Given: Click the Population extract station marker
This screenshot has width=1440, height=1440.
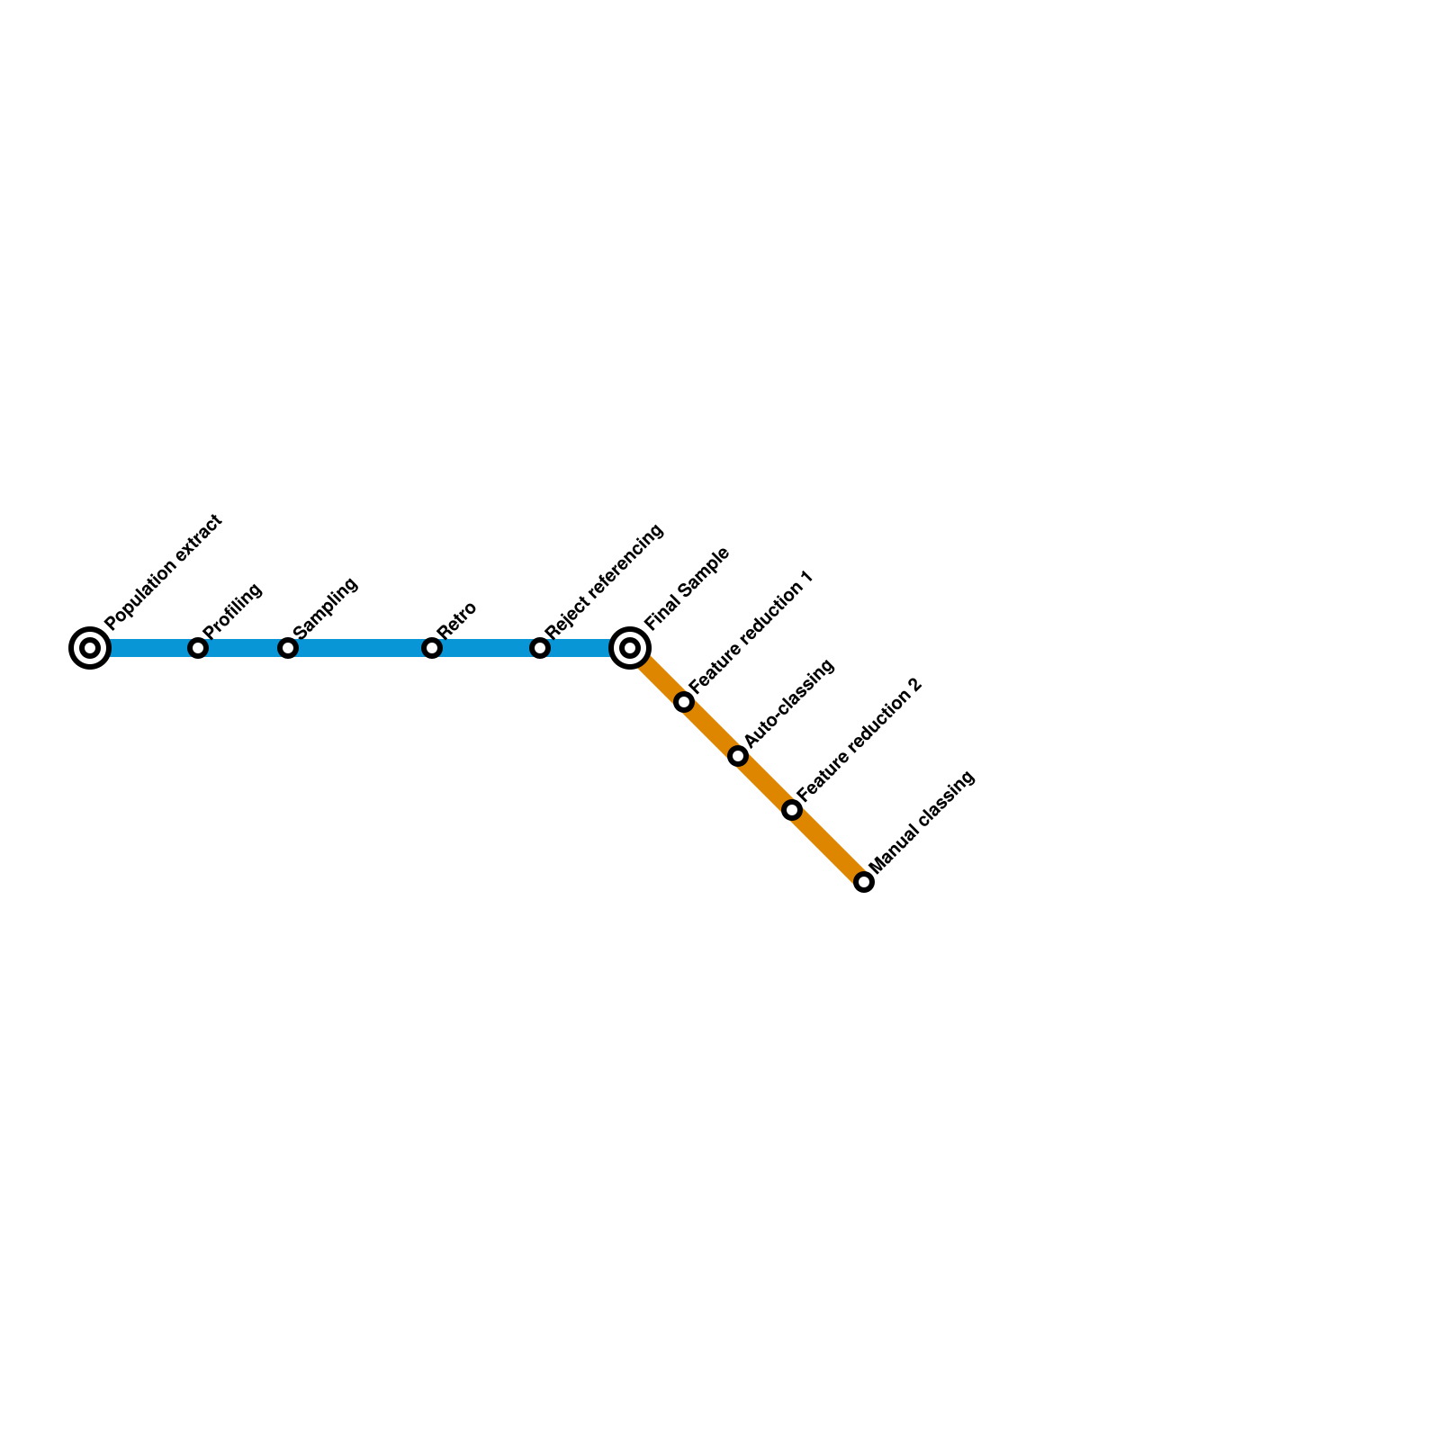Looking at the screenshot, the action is pyautogui.click(x=90, y=648).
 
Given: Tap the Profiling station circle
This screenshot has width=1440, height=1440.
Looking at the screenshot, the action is pyautogui.click(x=198, y=648).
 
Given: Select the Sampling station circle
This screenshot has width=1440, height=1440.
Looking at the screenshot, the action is pyautogui.click(x=288, y=648).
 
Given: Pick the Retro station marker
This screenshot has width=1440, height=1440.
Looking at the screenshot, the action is pyautogui.click(x=432, y=648).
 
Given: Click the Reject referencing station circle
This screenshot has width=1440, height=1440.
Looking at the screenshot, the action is pyautogui.click(x=540, y=648).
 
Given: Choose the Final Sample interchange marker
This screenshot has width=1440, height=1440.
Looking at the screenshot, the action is pyautogui.click(x=630, y=648).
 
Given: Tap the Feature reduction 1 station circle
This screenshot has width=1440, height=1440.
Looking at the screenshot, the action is pyautogui.click(x=684, y=702).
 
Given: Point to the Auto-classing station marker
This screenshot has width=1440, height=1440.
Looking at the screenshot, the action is pyautogui.click(x=738, y=756).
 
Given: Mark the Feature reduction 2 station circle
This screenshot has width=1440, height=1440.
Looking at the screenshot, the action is pyautogui.click(x=792, y=810).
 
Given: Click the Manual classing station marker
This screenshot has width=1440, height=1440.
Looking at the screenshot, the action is pyautogui.click(x=864, y=882).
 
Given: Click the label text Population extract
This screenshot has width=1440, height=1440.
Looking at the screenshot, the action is pyautogui.click(x=162, y=572).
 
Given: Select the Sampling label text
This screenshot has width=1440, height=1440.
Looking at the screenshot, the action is pyautogui.click(x=326, y=607).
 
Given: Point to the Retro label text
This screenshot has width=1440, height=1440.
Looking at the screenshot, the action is pyautogui.click(x=456, y=620).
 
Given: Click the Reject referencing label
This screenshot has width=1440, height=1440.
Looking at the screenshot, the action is pyautogui.click(x=604, y=581).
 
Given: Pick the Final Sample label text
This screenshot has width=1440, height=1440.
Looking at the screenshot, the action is pyautogui.click(x=687, y=589).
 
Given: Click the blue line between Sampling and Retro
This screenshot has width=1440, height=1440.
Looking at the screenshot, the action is pyautogui.click(x=360, y=648).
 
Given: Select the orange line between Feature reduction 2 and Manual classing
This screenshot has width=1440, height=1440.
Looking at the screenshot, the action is pyautogui.click(x=828, y=846).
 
